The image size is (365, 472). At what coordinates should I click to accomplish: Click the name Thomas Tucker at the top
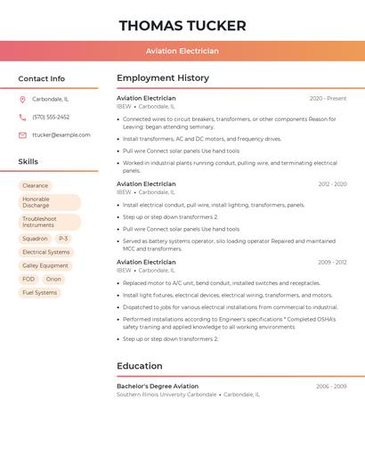point(182,25)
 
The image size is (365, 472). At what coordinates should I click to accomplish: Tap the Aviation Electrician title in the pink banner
point(182,52)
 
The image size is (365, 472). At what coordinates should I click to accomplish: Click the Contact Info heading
point(41,78)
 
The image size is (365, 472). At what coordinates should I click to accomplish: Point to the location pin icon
point(22,100)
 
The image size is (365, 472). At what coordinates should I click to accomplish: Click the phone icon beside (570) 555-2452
point(22,118)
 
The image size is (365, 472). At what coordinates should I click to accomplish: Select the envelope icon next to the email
point(22,135)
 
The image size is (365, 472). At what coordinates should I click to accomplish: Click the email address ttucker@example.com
point(61,135)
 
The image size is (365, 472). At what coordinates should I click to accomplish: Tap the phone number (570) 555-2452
point(51,118)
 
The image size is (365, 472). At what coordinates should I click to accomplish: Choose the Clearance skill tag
point(36,186)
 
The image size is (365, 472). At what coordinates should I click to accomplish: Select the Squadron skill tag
point(35,239)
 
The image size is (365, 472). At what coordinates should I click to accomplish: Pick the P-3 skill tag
point(63,239)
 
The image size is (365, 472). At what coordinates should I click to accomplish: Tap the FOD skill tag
point(28,279)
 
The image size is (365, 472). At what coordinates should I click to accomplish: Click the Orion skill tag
point(53,279)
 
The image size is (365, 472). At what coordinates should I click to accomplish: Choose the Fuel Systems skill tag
point(39,292)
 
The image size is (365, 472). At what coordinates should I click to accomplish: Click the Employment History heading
point(163,78)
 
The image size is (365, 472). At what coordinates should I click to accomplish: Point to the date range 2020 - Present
point(328,99)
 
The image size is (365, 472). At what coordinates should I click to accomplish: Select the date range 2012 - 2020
point(332,184)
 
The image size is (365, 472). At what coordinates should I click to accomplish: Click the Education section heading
point(140,366)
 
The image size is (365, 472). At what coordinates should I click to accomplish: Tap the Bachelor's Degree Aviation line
point(158,387)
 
